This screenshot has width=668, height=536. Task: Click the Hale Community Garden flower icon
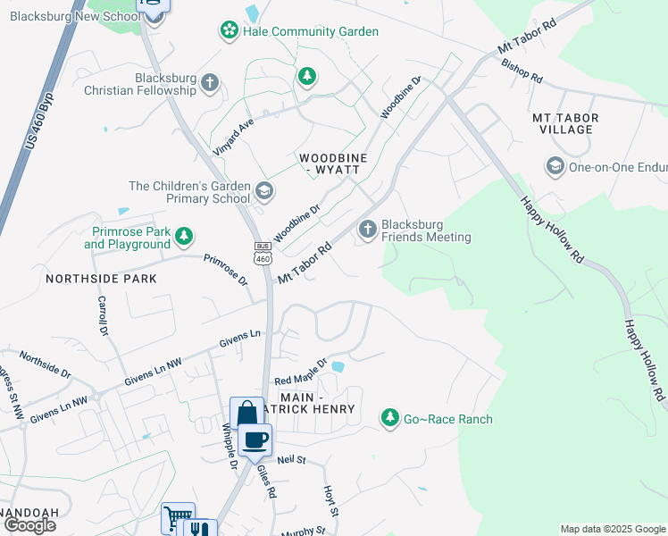pos(230,31)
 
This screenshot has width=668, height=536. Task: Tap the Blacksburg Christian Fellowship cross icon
pos(210,84)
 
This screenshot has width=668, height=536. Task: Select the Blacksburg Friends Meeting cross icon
pos(367,230)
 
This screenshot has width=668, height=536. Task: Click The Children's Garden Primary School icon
pos(263,191)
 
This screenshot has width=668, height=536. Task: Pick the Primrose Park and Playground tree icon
pos(184,237)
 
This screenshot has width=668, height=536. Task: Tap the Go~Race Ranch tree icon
pos(390,417)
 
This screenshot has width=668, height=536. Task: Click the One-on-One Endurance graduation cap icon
pos(555,166)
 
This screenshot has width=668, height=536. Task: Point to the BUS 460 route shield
pos(262,252)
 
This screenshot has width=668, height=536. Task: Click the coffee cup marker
pos(255,439)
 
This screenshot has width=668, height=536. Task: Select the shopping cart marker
pos(177,518)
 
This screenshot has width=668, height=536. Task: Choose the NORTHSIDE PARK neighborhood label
pos(101,279)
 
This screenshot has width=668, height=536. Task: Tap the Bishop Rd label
pos(522,71)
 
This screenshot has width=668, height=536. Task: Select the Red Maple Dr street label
pos(301,374)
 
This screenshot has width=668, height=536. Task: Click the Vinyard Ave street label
pos(233,136)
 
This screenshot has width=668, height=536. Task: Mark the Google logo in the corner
pos(29,525)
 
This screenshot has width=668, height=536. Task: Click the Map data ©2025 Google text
pos(613,529)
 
